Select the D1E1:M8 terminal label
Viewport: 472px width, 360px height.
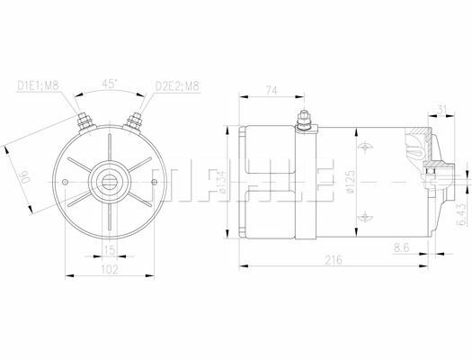pyautogui.click(x=40, y=86)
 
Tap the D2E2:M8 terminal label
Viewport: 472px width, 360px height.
pyautogui.click(x=176, y=86)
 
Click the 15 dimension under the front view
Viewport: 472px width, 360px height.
pyautogui.click(x=108, y=249)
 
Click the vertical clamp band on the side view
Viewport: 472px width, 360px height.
pyautogui.click(x=306, y=189)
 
